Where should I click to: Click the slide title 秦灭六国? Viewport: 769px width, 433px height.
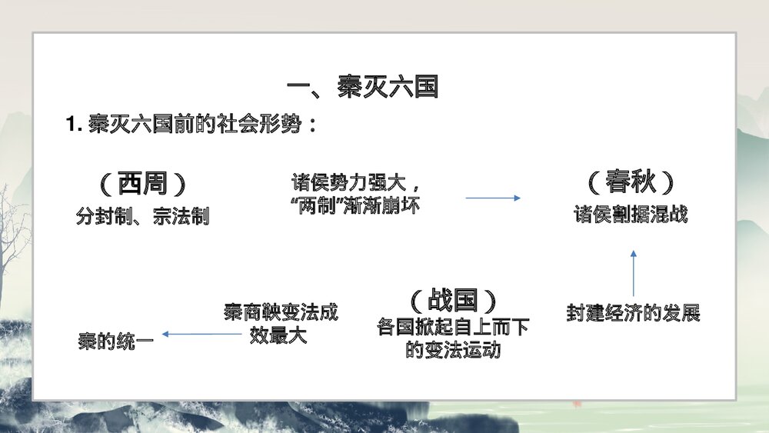pyautogui.click(x=361, y=88)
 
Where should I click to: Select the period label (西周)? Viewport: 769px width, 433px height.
pyautogui.click(x=143, y=184)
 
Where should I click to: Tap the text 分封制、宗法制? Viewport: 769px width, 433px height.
pyautogui.click(x=143, y=217)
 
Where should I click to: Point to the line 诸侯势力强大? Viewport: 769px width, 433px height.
pyautogui.click(x=356, y=185)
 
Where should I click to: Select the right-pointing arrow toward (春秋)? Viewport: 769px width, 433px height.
pyautogui.click(x=492, y=198)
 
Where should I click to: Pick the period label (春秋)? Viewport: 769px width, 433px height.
pyautogui.click(x=631, y=183)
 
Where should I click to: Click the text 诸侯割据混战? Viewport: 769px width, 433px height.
pyautogui.click(x=631, y=215)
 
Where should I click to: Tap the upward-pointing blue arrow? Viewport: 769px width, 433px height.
pyautogui.click(x=634, y=272)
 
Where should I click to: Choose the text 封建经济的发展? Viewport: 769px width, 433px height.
pyautogui.click(x=633, y=314)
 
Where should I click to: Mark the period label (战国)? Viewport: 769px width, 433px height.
pyautogui.click(x=452, y=299)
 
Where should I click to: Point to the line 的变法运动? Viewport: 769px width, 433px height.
pyautogui.click(x=453, y=350)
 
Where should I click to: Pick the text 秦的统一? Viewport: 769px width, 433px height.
pyautogui.click(x=115, y=340)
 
